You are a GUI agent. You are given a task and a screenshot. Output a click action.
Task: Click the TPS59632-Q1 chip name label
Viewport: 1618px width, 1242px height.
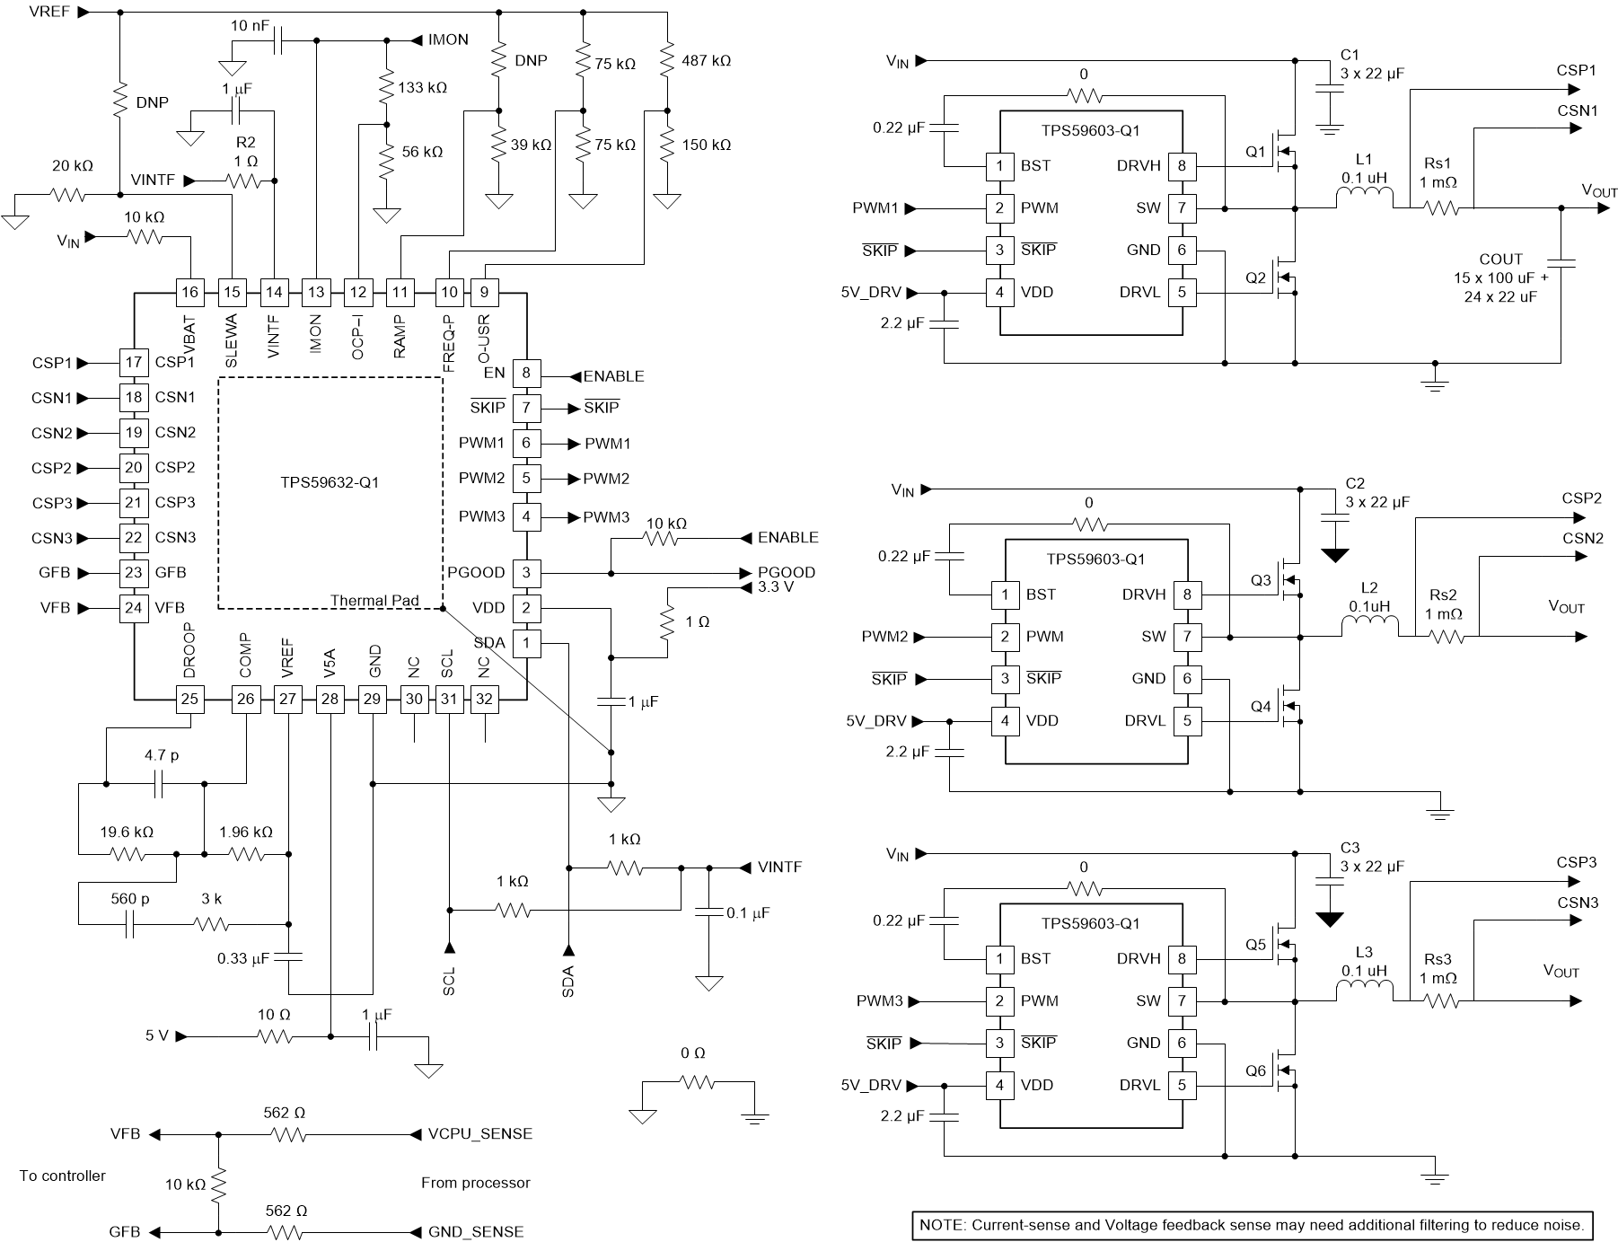(330, 482)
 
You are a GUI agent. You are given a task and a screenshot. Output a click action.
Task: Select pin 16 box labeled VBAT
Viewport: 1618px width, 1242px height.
(189, 292)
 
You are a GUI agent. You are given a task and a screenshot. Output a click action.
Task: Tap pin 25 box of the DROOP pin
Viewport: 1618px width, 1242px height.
(189, 700)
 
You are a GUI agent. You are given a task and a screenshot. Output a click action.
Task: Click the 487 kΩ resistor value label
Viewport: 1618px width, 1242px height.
(706, 61)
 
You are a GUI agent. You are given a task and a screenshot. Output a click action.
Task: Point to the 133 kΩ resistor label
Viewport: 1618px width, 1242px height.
(422, 88)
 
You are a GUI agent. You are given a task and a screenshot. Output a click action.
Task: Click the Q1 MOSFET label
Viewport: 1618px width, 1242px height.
(1255, 152)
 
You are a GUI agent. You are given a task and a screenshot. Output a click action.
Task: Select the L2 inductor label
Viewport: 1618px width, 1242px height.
(1369, 588)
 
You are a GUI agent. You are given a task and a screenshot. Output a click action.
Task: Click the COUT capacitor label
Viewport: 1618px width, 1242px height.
(1500, 260)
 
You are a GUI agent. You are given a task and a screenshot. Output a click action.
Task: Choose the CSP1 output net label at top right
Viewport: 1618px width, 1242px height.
(1576, 70)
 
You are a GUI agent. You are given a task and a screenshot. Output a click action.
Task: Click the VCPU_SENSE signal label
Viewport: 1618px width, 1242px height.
(480, 1134)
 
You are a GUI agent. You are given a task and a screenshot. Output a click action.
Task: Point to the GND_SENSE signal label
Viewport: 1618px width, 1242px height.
(476, 1232)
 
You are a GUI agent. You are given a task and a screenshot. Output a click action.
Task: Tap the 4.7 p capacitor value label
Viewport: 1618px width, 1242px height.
(162, 755)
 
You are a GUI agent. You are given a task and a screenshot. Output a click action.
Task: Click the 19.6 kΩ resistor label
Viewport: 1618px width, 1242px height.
(127, 832)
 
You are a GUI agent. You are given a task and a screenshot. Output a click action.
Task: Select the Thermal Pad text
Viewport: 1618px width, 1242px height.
(374, 601)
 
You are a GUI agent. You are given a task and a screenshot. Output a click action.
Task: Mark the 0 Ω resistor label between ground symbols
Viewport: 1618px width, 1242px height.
(692, 1053)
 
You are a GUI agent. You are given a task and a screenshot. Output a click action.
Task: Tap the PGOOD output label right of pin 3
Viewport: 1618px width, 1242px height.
(786, 572)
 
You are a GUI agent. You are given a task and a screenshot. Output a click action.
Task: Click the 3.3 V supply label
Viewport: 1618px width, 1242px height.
(776, 587)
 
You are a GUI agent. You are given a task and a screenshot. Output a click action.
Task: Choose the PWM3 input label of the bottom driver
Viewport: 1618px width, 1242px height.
(879, 1000)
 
